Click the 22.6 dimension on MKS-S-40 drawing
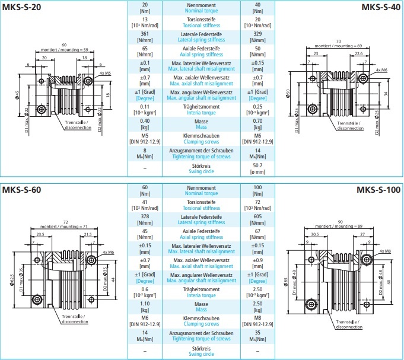(358, 53)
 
